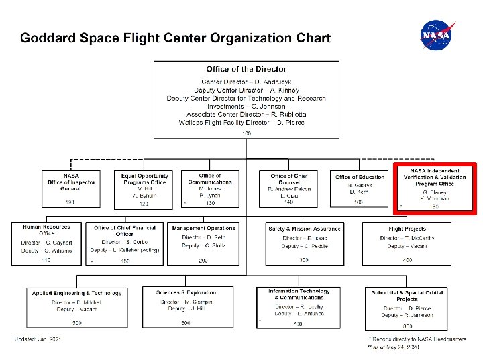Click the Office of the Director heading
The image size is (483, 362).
[246, 69]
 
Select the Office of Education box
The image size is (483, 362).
[360, 189]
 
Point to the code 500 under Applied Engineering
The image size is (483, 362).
[78, 323]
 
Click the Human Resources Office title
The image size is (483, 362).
[46, 230]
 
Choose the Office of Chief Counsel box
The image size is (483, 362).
[289, 188]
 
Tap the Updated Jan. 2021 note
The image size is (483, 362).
[38, 339]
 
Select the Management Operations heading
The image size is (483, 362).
[203, 229]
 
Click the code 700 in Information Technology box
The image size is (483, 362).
[298, 324]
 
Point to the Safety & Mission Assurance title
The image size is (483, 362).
[305, 229]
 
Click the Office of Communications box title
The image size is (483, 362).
[210, 179]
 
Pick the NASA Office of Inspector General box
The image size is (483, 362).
[71, 188]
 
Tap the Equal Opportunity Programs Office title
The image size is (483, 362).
[144, 179]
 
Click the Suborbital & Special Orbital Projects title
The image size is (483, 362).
[416, 296]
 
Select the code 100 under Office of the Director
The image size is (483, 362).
[246, 133]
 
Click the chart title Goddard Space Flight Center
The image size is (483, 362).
[175, 38]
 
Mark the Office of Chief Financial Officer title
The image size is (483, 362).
[125, 231]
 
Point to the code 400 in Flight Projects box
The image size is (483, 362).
[407, 259]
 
